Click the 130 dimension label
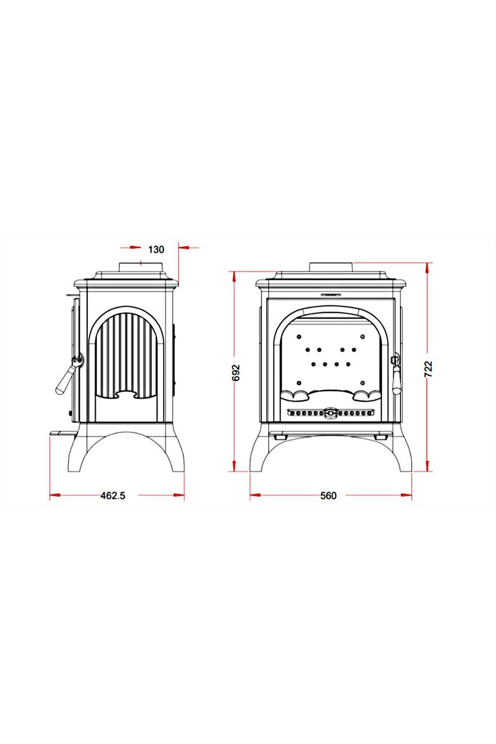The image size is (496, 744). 156,249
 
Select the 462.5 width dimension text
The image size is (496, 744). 113,495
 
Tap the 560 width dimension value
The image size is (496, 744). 329,495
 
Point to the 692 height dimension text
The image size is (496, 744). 236,373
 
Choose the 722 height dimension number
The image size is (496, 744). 429,369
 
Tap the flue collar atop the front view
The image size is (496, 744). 331,267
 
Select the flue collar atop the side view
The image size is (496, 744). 142,267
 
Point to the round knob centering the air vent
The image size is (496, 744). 330,413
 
